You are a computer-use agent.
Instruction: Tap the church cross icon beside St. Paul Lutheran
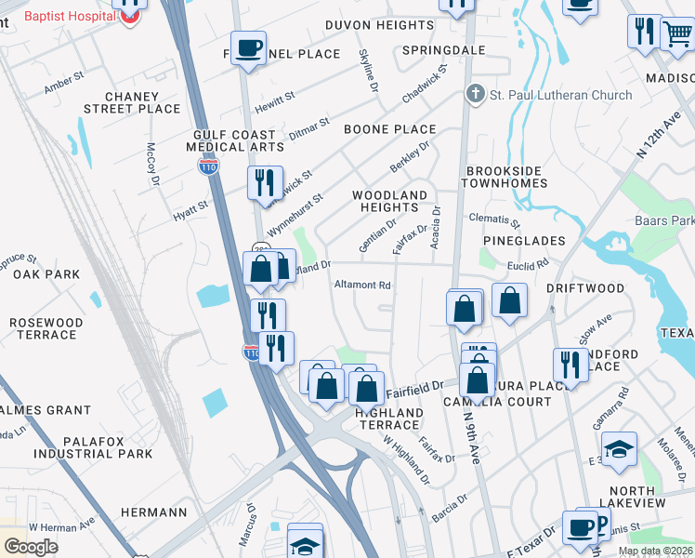pos(475,94)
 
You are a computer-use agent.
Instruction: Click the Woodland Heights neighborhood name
pos(390,201)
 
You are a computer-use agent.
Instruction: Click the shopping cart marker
pos(676,33)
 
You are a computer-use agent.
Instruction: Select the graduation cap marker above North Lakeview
pos(619,449)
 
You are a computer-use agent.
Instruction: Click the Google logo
pos(31,547)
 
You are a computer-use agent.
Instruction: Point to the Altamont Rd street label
pos(362,286)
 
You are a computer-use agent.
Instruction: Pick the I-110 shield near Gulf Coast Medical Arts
pos(207,166)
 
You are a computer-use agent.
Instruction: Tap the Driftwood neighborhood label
pos(585,289)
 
